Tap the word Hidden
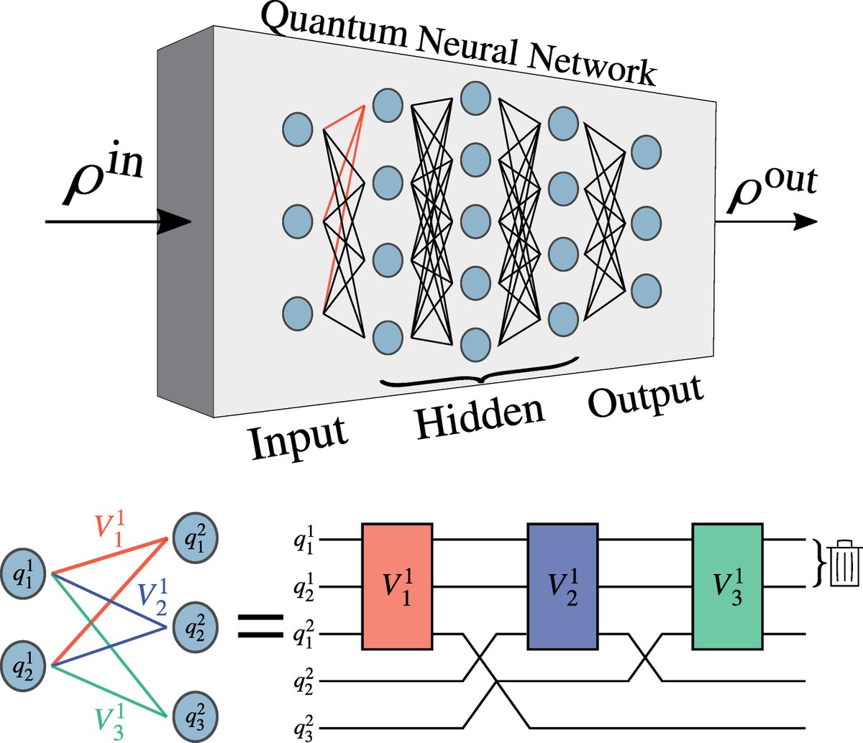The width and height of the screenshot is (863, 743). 480,415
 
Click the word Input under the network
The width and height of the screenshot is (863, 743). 298,435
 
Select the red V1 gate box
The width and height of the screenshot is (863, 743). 397,587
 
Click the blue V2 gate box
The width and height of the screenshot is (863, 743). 562,587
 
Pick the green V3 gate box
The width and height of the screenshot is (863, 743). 727,587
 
